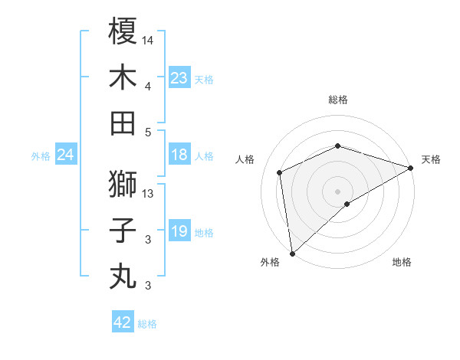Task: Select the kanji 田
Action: point(123,123)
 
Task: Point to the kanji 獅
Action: point(123,184)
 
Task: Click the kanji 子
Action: point(123,230)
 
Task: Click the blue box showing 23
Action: point(179,78)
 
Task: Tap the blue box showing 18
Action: point(179,155)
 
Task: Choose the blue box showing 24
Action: point(66,155)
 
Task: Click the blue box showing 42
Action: point(123,322)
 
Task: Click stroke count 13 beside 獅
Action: point(149,194)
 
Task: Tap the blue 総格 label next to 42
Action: point(147,324)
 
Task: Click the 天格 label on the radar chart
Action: point(431,159)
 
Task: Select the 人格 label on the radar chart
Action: point(245,159)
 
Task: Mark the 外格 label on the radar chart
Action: point(270,262)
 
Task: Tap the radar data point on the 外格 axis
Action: point(292,253)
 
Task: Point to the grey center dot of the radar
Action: point(337,191)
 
